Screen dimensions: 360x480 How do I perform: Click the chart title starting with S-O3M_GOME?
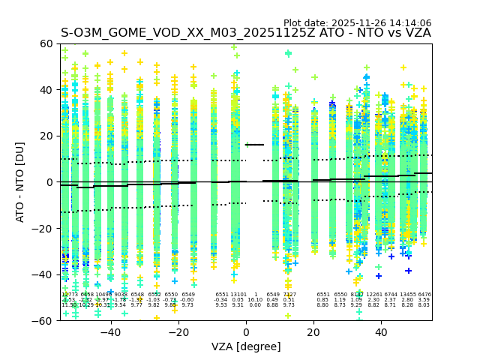point(245,33)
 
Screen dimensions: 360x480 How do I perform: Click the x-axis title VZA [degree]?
point(246,346)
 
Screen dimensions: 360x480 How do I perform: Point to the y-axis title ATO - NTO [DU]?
point(20,182)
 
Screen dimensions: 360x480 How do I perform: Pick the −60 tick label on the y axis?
point(44,320)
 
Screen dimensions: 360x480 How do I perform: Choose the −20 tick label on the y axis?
point(44,228)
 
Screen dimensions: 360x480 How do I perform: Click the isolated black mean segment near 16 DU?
point(255,145)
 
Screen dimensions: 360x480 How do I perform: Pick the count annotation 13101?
point(238,295)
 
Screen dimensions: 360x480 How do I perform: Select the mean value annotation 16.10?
point(255,300)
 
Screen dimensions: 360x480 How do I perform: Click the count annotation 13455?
point(407,295)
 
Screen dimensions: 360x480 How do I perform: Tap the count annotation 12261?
point(373,295)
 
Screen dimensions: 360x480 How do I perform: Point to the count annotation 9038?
point(120,295)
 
